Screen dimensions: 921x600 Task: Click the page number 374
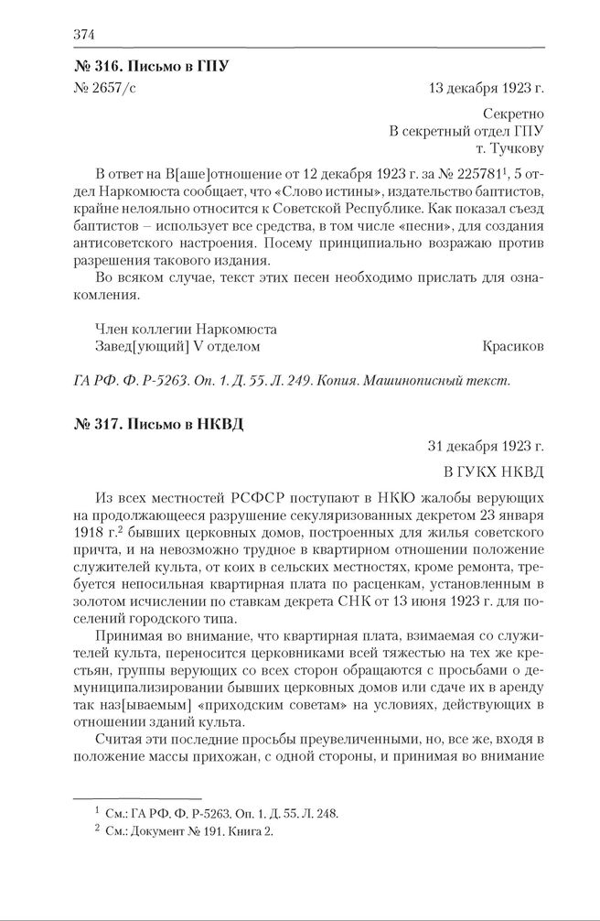83,35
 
